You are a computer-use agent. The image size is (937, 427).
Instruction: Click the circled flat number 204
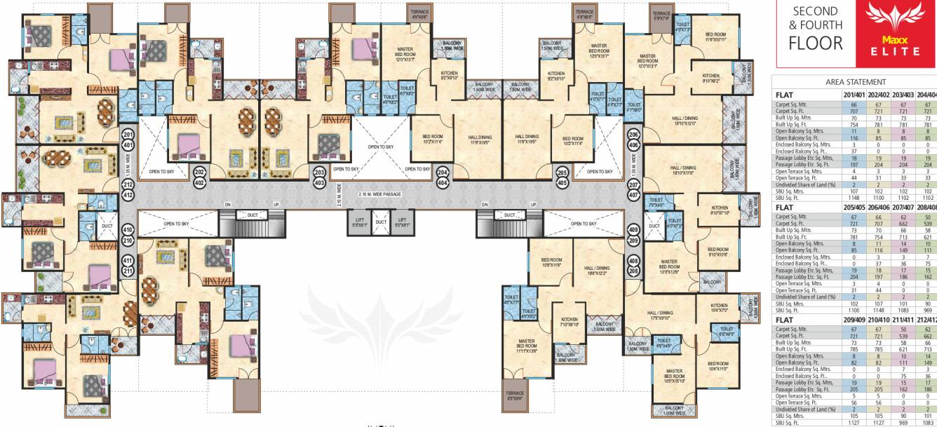[x=442, y=171]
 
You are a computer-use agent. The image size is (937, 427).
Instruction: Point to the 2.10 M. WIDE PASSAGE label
[x=379, y=194]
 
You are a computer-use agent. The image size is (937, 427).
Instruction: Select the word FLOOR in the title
[x=816, y=43]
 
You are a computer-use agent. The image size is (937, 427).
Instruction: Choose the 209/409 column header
[x=854, y=320]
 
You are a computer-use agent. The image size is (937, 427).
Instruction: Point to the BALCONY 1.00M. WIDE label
[x=674, y=410]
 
